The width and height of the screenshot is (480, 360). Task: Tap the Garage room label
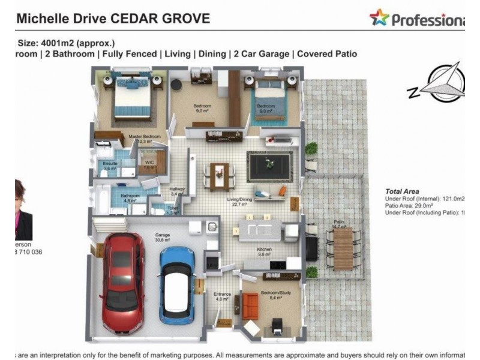[x=163, y=235]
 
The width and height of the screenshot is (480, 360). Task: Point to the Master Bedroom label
[x=145, y=137]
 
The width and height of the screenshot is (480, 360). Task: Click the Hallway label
[x=177, y=189]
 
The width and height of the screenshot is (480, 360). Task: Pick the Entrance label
[x=222, y=294]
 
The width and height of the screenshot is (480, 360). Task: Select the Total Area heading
[x=403, y=191]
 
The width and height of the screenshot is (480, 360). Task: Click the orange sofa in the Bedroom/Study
[x=251, y=305]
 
